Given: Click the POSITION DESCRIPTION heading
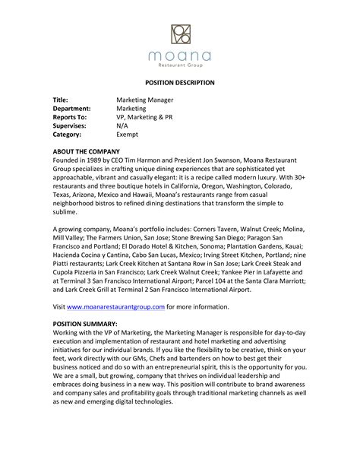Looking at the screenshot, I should click(x=180, y=82).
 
